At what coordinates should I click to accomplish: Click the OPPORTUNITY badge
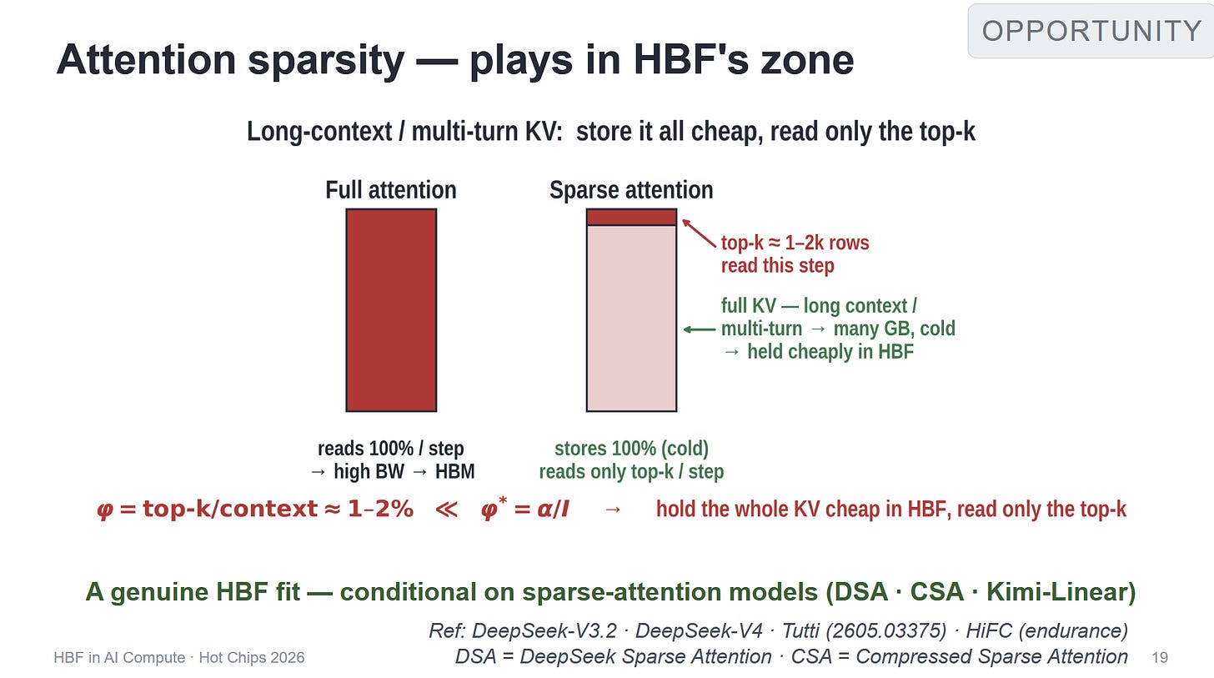[x=1091, y=31]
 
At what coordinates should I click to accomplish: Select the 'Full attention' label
[x=391, y=190]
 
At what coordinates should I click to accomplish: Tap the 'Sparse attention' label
[x=631, y=190]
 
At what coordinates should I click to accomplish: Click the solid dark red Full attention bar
[x=391, y=310]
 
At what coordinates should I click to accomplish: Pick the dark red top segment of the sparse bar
[x=631, y=218]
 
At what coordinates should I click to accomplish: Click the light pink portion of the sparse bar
[x=631, y=318]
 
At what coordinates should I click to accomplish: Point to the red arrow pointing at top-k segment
[x=699, y=234]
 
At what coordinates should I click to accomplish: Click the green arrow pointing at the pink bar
[x=700, y=329]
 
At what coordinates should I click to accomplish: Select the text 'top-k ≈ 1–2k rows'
[x=795, y=243]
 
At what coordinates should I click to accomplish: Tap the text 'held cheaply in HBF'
[x=830, y=352]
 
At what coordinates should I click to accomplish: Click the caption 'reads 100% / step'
[x=391, y=449]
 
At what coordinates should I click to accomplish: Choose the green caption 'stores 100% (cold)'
[x=631, y=449]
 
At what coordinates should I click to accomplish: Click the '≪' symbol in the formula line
[x=447, y=510]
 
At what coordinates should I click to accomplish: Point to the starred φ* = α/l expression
[x=525, y=509]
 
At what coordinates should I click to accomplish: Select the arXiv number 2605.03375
[x=886, y=630]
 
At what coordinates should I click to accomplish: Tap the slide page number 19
[x=1160, y=658]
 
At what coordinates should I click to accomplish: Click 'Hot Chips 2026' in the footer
[x=252, y=658]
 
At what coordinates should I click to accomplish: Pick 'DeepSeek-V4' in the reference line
[x=699, y=630]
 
